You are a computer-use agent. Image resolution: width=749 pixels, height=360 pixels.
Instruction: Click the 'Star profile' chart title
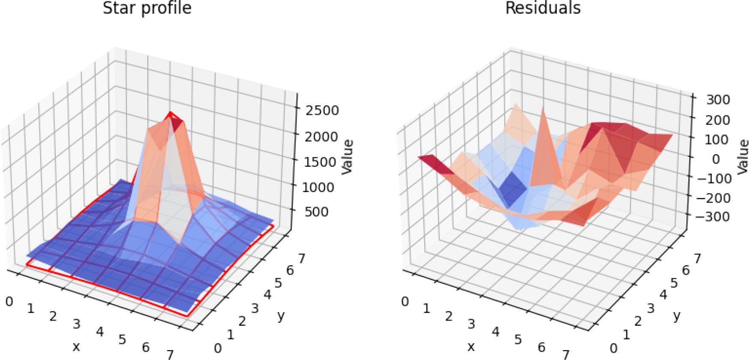pos(147,8)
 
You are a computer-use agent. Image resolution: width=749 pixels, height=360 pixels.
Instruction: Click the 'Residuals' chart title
pos(543,8)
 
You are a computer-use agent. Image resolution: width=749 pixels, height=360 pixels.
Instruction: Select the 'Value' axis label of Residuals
pos(743,156)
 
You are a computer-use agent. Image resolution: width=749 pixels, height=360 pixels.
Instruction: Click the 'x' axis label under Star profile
pos(76,346)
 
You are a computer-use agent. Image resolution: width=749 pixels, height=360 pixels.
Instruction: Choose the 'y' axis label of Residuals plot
pos(677,316)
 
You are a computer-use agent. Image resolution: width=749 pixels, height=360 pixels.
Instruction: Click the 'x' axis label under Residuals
pos(471,346)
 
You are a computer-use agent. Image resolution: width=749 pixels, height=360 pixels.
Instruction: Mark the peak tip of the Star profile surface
pos(171,113)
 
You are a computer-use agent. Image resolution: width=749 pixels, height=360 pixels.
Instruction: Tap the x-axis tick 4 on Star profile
pos(100,331)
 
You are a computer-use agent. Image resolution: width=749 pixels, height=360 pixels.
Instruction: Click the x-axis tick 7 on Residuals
pos(566,354)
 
